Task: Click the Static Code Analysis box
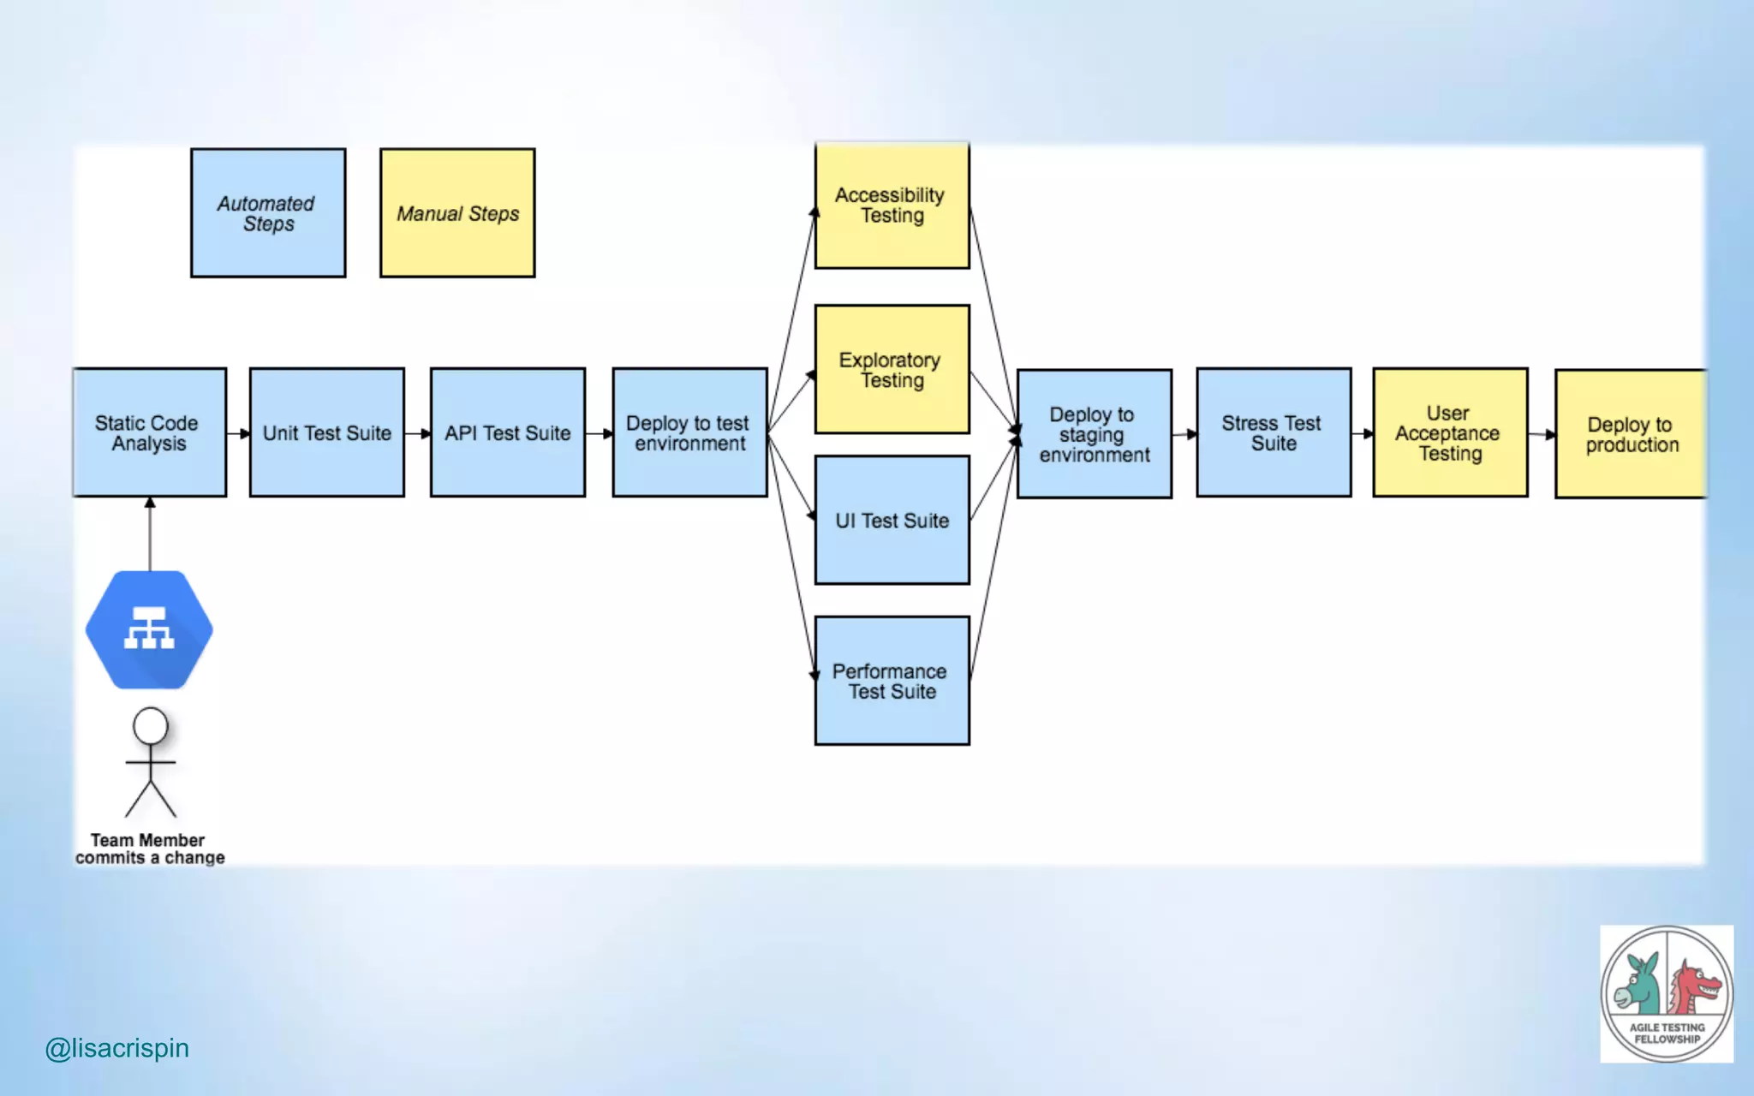(x=150, y=432)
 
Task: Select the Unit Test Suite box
(x=327, y=432)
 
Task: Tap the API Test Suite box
(x=508, y=432)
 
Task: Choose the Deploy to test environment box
(x=689, y=432)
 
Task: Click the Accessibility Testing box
(x=892, y=205)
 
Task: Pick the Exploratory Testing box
(x=892, y=369)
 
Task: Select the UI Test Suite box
(x=892, y=520)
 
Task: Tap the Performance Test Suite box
(x=892, y=681)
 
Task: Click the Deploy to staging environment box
(x=1094, y=434)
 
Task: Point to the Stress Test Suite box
(x=1274, y=432)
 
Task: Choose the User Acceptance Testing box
(x=1450, y=432)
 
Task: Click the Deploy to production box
(x=1631, y=434)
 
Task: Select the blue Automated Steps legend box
(x=268, y=213)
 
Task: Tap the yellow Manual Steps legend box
(x=457, y=213)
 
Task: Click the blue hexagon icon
(x=150, y=630)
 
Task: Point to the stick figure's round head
(x=151, y=726)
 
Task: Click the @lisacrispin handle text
(x=116, y=1048)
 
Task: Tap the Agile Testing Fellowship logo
(x=1667, y=993)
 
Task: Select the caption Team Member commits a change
(x=150, y=849)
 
